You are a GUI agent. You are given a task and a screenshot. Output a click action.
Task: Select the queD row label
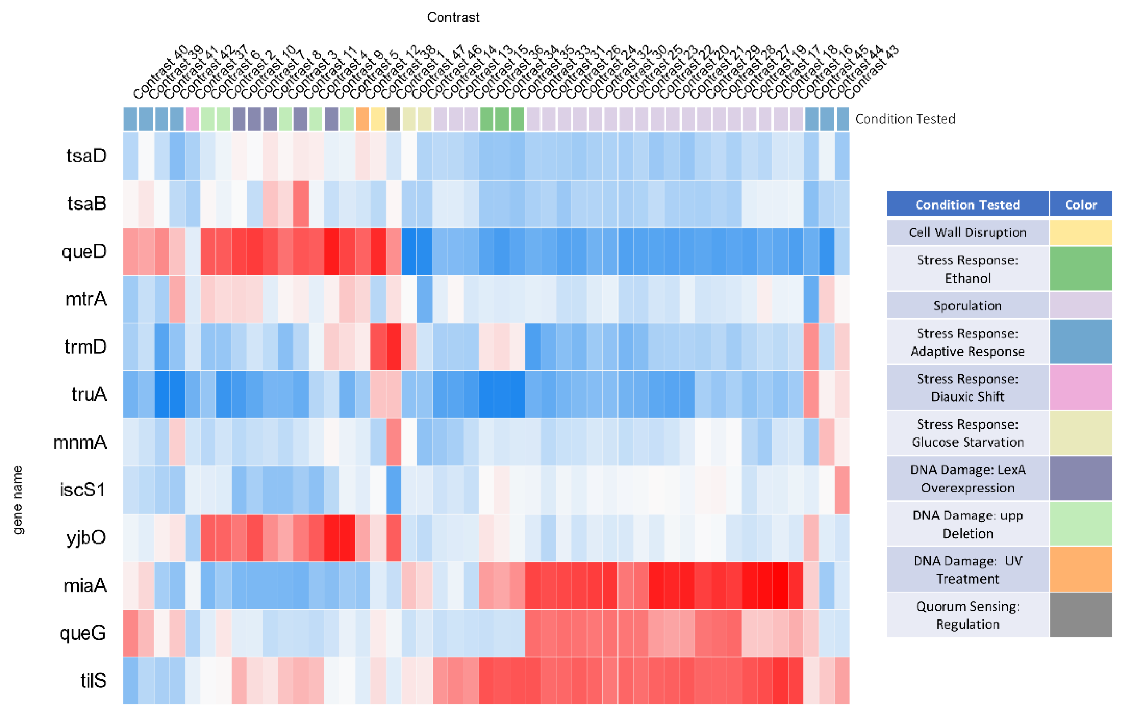84,252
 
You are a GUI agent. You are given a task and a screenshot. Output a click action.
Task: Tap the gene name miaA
85,586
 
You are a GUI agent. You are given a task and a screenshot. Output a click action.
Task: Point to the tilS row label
93,680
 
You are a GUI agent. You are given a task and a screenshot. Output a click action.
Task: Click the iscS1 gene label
83,490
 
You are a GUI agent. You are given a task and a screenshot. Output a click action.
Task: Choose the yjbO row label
86,538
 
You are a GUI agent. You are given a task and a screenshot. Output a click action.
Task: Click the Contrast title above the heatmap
453,17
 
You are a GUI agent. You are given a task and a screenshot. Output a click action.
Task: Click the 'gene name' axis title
18,500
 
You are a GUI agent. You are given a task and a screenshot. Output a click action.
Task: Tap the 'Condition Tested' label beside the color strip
905,119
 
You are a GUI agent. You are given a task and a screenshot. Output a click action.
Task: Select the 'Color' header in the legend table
1080,205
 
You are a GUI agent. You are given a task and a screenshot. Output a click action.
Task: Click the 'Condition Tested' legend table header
967,205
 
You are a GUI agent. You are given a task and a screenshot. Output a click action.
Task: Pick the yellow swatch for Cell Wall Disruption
1080,232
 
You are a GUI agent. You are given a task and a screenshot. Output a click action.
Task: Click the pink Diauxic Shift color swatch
1080,387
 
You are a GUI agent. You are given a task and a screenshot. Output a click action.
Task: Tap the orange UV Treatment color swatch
1080,570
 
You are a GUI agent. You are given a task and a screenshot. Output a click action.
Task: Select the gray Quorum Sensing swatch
1080,615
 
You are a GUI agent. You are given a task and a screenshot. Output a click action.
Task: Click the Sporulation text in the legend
967,306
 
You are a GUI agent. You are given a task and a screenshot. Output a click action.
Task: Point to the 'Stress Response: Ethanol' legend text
967,269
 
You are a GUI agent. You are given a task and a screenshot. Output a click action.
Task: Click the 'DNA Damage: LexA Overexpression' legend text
967,479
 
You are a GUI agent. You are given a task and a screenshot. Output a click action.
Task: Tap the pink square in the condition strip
192,119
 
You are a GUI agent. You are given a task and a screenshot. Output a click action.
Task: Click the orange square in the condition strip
362,119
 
